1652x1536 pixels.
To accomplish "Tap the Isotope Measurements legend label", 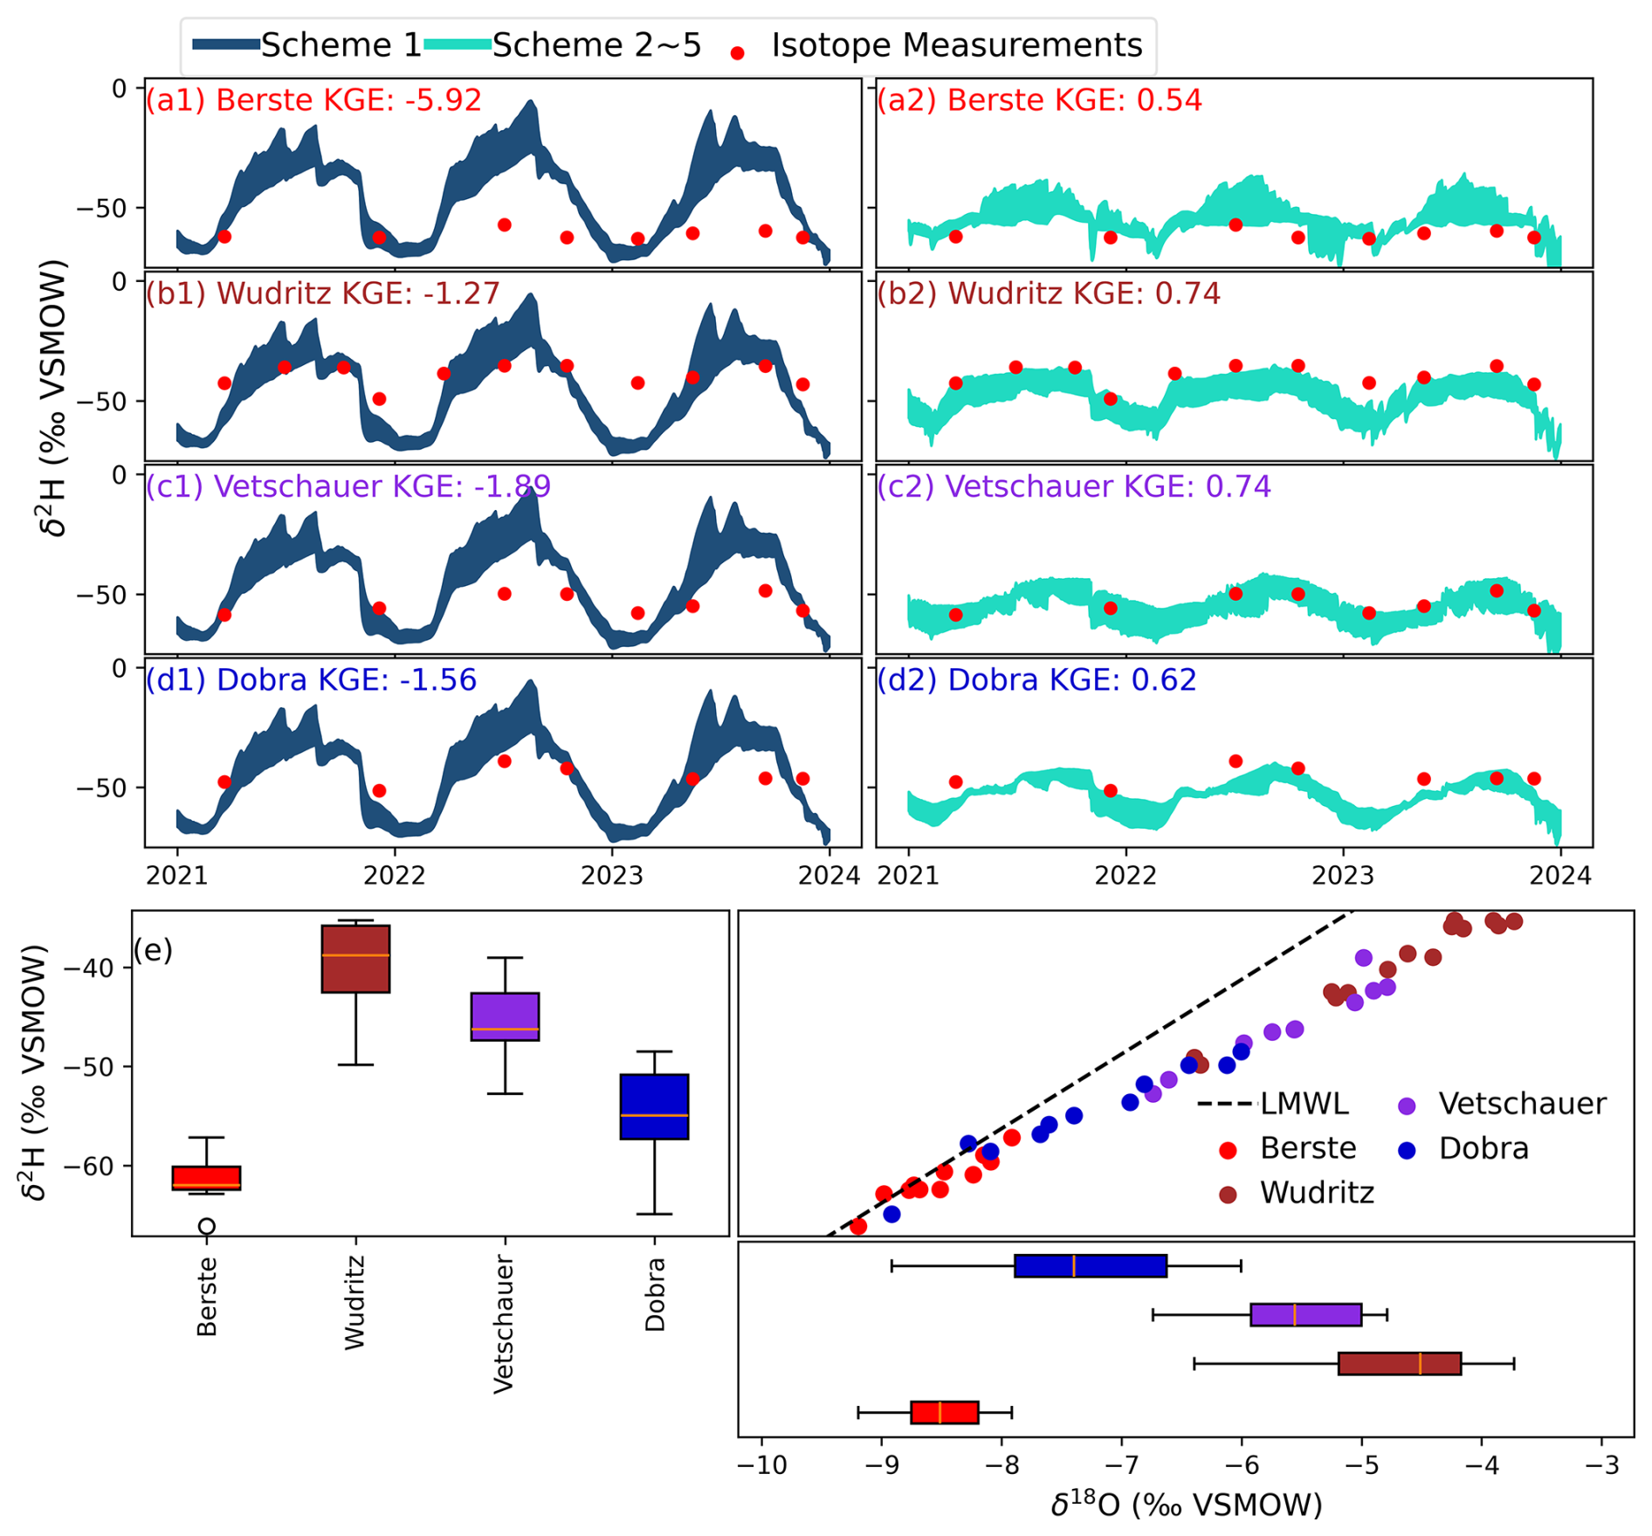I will (x=956, y=45).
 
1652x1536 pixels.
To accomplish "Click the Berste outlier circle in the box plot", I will (x=207, y=1226).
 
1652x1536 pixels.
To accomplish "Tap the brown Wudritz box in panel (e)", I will (x=355, y=959).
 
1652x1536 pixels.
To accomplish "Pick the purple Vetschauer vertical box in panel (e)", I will (x=505, y=1016).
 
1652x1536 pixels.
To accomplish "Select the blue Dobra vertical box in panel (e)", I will (x=654, y=1106).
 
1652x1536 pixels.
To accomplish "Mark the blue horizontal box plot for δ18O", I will (x=1091, y=1265).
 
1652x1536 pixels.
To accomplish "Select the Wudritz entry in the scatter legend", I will (x=1317, y=1193).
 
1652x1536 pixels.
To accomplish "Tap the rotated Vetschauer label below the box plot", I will (x=504, y=1324).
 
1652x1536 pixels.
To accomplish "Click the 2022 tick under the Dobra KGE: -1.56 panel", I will (x=395, y=875).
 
